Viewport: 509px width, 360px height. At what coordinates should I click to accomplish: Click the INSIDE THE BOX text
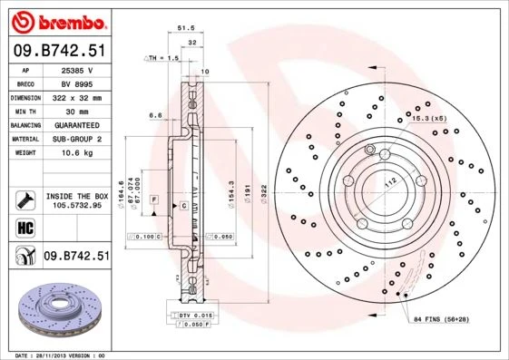(77, 196)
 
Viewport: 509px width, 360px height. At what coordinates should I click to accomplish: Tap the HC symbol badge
(25, 227)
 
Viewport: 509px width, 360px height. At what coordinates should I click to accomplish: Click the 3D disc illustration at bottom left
(56, 313)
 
